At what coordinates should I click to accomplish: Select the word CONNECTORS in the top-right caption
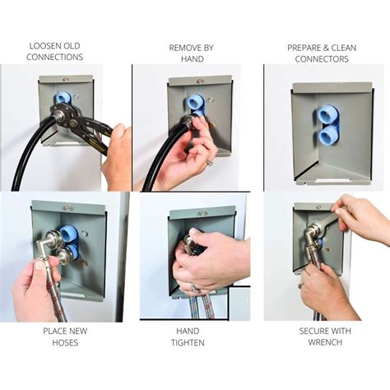pyautogui.click(x=322, y=59)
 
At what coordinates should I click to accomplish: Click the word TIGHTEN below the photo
pyautogui.click(x=191, y=342)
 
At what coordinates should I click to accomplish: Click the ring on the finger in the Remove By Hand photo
pyautogui.click(x=209, y=162)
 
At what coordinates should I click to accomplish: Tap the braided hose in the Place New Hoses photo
pyautogui.click(x=58, y=296)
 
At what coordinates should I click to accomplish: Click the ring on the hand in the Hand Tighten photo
pyautogui.click(x=195, y=288)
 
